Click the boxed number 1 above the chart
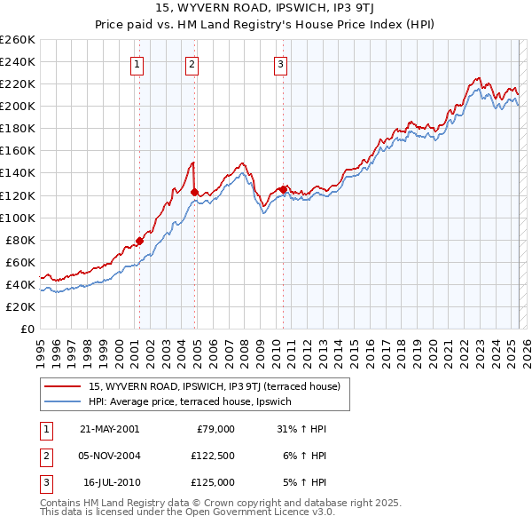[138, 63]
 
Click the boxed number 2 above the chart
[192, 63]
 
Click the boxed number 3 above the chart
[280, 63]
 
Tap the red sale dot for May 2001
[139, 241]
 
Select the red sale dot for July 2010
[283, 189]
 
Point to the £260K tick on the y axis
[17, 40]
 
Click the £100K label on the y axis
[17, 218]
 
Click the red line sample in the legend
[64, 385]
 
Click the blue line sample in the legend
[64, 402]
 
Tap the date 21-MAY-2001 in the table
[110, 429]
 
